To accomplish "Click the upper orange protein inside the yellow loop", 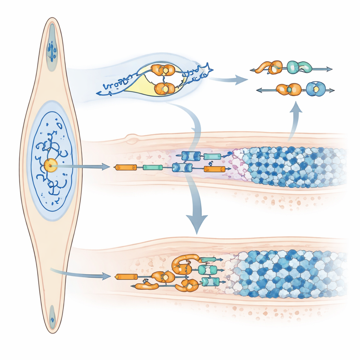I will click(163, 70).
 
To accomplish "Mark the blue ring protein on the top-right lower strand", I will click(316, 89).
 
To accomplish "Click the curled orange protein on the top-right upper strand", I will click(268, 67).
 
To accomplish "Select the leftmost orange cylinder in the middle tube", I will click(126, 168).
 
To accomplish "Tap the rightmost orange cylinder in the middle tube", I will click(214, 169).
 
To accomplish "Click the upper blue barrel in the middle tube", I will click(191, 156).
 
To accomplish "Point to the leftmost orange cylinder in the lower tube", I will click(126, 277).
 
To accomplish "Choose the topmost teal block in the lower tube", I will click(208, 260).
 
